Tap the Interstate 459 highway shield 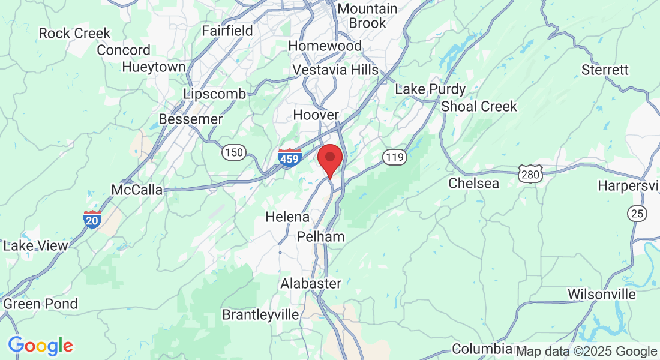click(x=290, y=158)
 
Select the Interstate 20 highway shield click(x=92, y=220)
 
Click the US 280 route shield click(x=533, y=174)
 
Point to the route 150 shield click(x=233, y=152)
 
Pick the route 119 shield click(x=395, y=158)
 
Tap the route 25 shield click(x=637, y=212)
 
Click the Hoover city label click(x=316, y=115)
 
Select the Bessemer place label click(x=191, y=119)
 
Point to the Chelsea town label click(x=474, y=183)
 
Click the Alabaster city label click(x=311, y=283)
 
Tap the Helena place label click(x=287, y=217)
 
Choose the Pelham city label click(x=321, y=236)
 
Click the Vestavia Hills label click(x=335, y=70)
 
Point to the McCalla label click(x=137, y=190)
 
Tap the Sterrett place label click(x=605, y=70)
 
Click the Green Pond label click(x=40, y=304)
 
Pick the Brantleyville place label click(x=260, y=314)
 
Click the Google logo click(x=40, y=346)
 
